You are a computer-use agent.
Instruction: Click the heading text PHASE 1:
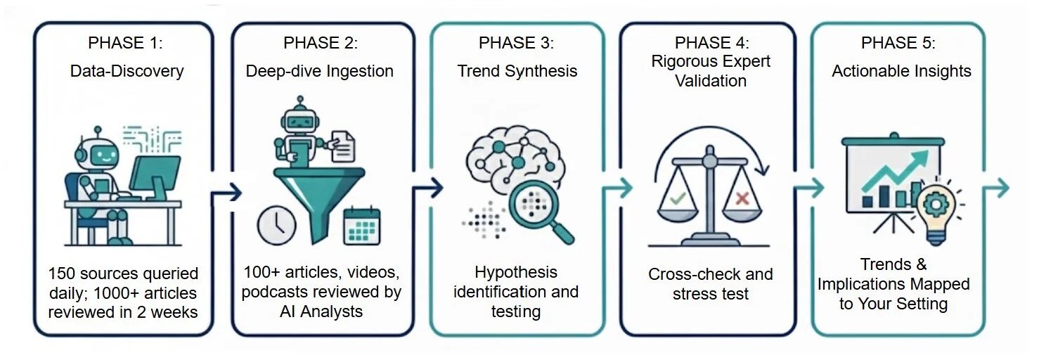point(125,43)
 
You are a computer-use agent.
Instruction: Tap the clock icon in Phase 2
point(276,224)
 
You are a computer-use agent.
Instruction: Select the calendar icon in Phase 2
point(361,226)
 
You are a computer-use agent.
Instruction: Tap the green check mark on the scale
point(677,198)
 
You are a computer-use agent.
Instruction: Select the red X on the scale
point(741,198)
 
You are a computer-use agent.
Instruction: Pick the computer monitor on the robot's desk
point(154,175)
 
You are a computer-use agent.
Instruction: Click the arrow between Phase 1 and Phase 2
point(224,191)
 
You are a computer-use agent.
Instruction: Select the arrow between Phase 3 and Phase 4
point(614,188)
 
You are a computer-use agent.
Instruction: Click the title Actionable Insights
point(901,71)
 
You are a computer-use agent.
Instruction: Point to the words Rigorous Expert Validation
point(710,70)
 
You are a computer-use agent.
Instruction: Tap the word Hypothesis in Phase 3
point(515,272)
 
